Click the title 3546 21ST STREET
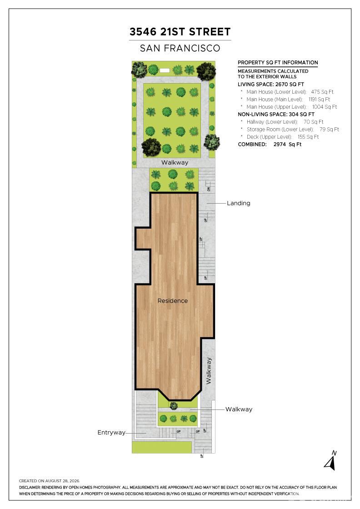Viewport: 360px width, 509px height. click(x=180, y=32)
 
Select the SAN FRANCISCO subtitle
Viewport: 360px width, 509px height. click(x=180, y=48)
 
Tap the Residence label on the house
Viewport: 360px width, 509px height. click(x=173, y=301)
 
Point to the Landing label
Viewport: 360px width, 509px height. click(x=239, y=203)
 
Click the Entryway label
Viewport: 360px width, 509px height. click(x=111, y=432)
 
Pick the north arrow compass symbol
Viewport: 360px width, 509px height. click(x=330, y=460)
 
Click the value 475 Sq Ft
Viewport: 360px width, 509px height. click(x=322, y=92)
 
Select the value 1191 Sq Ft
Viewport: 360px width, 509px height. click(x=319, y=100)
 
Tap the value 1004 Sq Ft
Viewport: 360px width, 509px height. click(x=325, y=107)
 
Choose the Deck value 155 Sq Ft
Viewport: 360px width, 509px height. click(x=308, y=137)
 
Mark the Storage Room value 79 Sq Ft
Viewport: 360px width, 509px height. click(x=329, y=129)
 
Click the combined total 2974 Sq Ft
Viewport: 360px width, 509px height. click(x=288, y=145)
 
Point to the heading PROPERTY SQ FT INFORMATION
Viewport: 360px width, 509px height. click(x=278, y=63)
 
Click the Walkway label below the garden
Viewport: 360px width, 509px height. click(x=175, y=162)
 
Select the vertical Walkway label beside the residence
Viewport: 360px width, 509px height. click(x=209, y=371)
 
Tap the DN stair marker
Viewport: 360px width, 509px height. click(x=209, y=189)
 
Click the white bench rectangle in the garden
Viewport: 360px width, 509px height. click(x=165, y=70)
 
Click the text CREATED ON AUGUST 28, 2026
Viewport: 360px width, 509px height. click(x=49, y=481)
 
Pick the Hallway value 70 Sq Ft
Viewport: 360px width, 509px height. click(x=314, y=122)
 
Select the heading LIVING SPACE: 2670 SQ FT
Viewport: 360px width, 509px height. click(x=271, y=85)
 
